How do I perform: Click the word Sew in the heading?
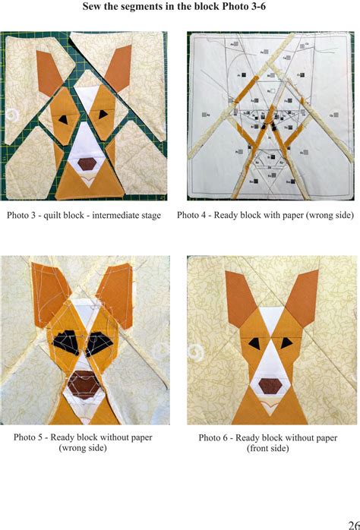(x=93, y=8)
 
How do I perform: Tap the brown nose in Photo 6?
(x=268, y=385)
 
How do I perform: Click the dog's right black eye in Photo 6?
(x=284, y=345)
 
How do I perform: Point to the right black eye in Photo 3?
(x=103, y=115)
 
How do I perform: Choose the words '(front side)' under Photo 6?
(x=267, y=449)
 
